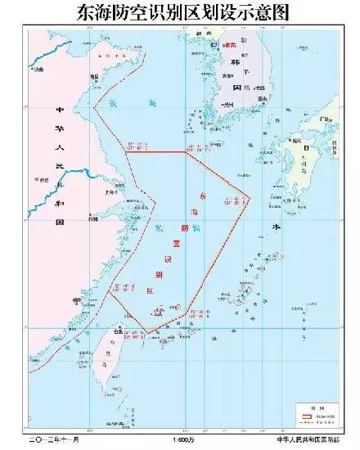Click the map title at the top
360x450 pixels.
click(180, 11)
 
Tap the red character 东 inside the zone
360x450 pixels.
click(203, 197)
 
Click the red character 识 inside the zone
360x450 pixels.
click(170, 259)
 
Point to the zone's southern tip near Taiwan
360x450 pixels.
click(148, 333)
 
